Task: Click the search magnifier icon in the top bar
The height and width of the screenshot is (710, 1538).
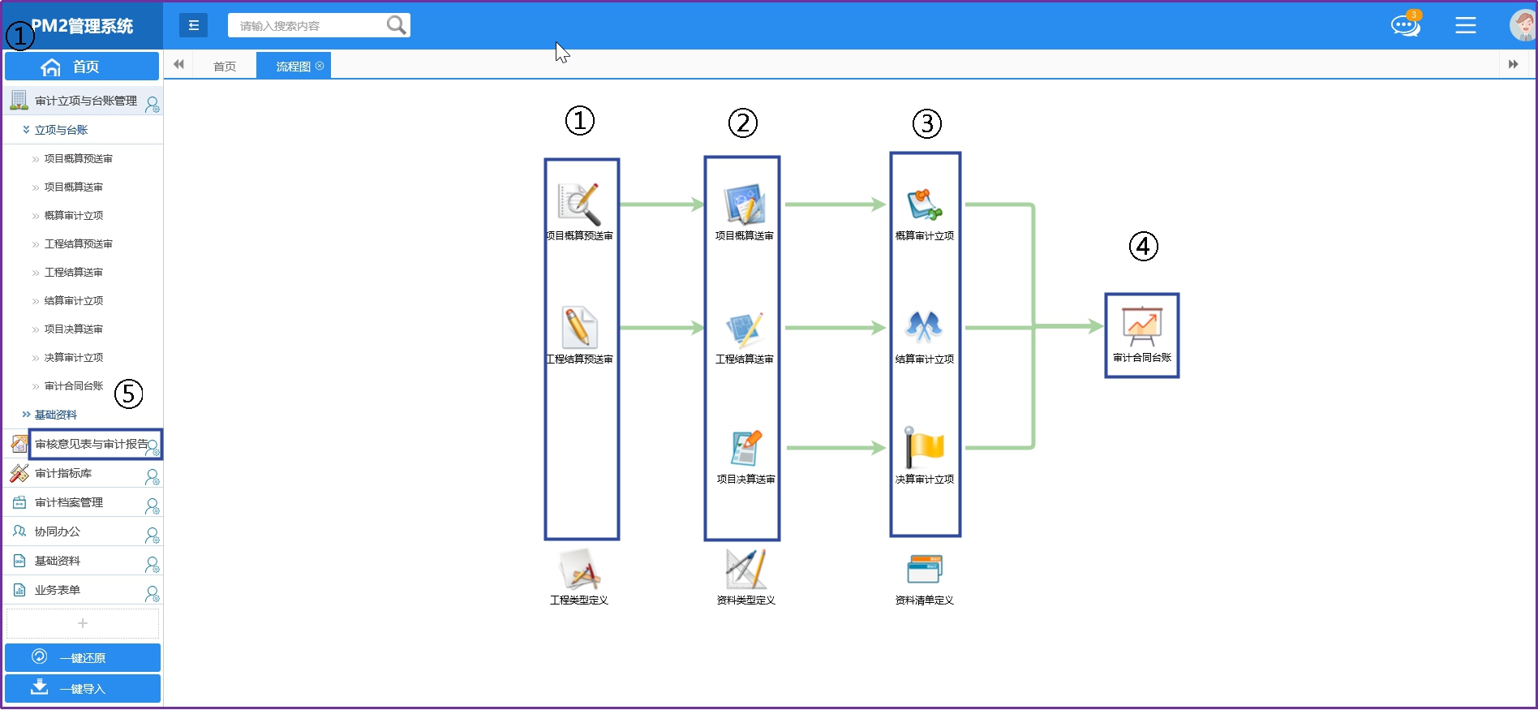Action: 396,25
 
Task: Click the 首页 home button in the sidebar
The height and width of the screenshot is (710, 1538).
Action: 82,67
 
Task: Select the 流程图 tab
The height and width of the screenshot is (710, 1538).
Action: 294,66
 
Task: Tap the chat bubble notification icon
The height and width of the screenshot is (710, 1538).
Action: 1405,25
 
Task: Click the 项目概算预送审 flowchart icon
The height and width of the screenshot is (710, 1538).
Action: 579,204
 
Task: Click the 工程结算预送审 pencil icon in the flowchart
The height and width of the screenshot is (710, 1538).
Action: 579,328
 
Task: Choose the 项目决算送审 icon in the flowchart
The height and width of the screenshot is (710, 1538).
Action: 745,448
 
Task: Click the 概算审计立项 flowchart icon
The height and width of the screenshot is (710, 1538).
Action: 924,204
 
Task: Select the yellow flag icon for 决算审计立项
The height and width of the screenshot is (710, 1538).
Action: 924,447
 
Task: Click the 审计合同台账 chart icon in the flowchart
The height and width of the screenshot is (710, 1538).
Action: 1141,326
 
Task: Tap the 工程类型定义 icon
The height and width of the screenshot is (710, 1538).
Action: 579,570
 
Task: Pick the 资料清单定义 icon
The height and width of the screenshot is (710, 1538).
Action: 924,570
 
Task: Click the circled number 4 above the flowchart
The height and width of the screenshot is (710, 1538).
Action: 1143,246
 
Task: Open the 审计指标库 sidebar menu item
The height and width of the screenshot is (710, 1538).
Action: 63,473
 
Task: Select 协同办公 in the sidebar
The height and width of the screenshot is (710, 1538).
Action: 58,531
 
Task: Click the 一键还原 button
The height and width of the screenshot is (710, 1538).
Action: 82,657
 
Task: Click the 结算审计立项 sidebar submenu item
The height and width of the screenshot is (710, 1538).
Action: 74,300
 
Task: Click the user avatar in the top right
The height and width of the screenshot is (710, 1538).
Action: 1522,25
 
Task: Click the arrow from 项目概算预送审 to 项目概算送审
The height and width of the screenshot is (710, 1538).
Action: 661,204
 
